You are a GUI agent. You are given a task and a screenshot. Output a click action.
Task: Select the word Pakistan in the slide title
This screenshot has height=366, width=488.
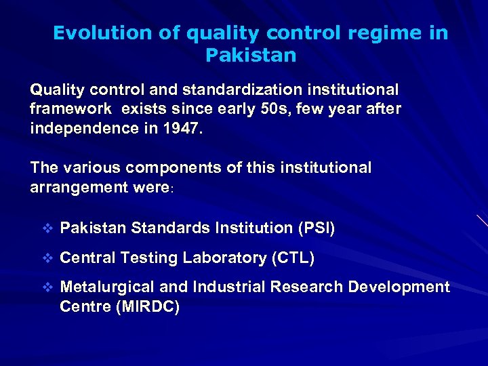pos(251,55)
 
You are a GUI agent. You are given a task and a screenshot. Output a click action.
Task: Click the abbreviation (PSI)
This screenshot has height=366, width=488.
pos(316,228)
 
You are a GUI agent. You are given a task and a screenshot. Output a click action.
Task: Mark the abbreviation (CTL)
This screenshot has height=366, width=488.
pos(293,258)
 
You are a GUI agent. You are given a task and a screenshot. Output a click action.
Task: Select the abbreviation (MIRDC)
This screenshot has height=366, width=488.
pos(148,306)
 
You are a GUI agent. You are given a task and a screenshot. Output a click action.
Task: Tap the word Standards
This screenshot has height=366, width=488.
pos(163,228)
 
